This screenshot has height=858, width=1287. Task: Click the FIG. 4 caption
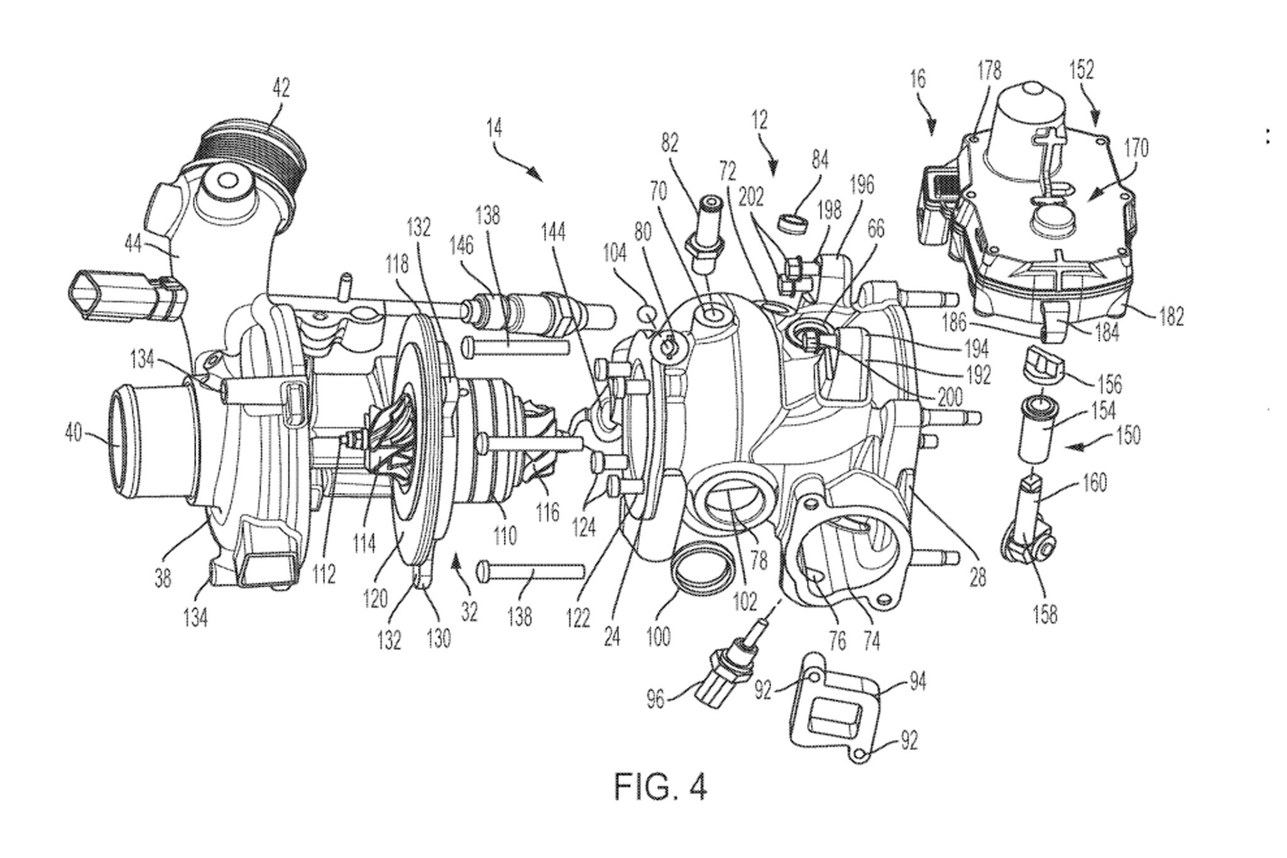[660, 786]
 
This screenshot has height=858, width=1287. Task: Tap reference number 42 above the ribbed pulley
[281, 88]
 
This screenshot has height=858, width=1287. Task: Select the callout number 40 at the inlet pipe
[74, 433]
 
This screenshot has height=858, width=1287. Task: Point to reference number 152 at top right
[1081, 70]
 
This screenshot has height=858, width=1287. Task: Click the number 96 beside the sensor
[655, 698]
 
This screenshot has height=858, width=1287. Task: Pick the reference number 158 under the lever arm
[1044, 614]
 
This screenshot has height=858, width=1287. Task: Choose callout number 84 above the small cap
[819, 160]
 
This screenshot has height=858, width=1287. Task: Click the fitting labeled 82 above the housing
[706, 239]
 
